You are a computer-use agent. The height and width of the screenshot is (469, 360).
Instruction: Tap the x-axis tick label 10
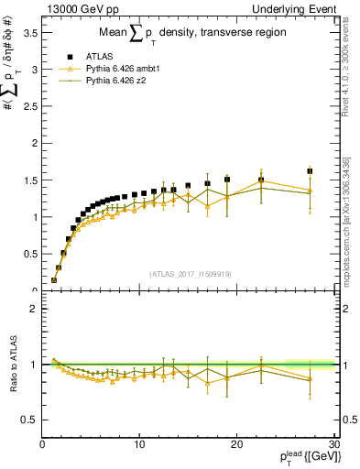(139, 445)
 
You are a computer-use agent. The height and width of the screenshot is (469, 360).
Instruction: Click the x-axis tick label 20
(236, 445)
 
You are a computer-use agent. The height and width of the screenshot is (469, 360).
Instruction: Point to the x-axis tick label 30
(333, 445)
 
